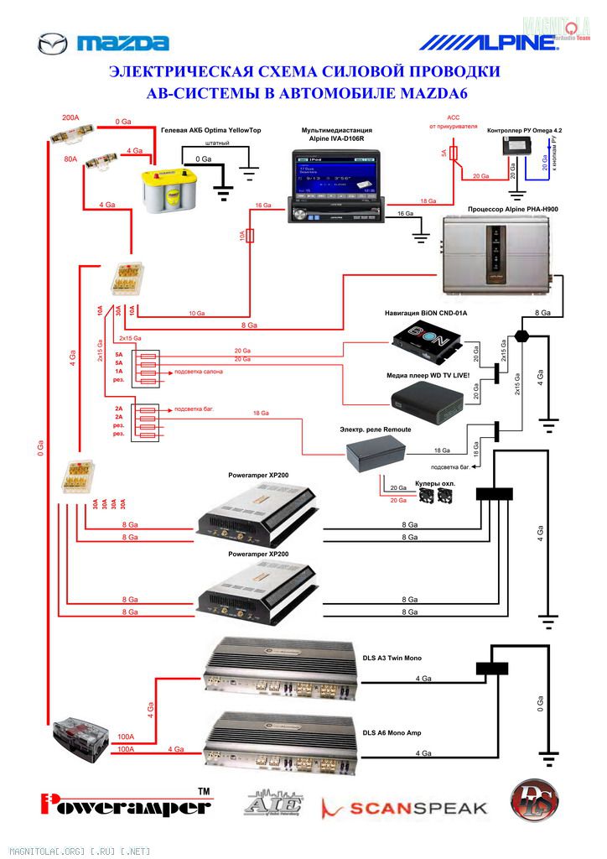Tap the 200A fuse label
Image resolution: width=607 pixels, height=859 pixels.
click(x=71, y=118)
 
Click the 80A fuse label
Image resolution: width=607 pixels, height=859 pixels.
click(x=70, y=158)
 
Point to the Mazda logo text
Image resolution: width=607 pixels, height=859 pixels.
click(x=123, y=44)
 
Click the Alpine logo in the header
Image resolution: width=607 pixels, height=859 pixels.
click(x=480, y=42)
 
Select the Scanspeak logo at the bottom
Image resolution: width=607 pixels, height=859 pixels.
click(x=404, y=807)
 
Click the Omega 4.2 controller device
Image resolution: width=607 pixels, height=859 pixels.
click(x=512, y=147)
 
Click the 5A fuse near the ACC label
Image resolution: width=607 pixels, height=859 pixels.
click(x=454, y=153)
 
